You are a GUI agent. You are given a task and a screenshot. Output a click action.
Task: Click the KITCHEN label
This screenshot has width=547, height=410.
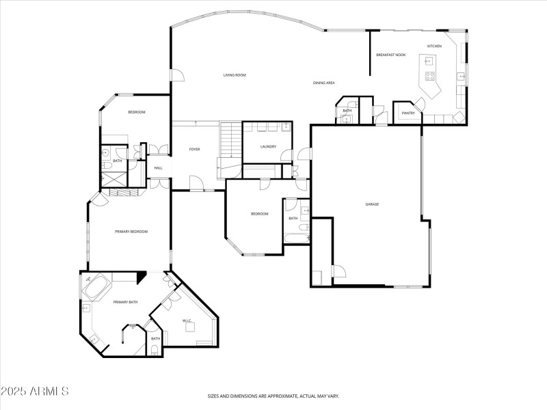pos(435,46)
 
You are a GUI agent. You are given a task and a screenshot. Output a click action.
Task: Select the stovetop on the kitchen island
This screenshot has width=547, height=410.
pos(431,75)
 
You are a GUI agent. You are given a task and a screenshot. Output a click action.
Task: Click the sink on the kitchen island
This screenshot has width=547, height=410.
pos(431,61)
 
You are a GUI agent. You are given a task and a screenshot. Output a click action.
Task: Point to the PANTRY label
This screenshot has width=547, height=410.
pos(409,113)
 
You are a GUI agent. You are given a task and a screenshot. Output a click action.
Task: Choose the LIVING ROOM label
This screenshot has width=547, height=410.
pos(235,74)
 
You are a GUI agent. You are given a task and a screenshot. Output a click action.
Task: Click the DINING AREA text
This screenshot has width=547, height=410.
pos(323,83)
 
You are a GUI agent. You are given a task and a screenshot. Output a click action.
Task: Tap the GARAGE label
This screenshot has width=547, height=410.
pos(372,204)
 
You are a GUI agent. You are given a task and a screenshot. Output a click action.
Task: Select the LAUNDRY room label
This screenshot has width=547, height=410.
pos(268,146)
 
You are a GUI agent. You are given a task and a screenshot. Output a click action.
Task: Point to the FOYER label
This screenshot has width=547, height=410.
pos(195,149)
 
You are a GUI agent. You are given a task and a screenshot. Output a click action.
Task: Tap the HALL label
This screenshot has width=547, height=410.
pos(158,167)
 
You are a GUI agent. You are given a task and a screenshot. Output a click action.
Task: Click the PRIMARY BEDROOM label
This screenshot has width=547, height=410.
pos(131,232)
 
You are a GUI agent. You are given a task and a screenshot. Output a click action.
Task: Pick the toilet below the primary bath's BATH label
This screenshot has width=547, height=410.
pos(155,351)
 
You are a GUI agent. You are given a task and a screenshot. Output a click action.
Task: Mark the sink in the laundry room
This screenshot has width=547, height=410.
pos(286,127)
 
